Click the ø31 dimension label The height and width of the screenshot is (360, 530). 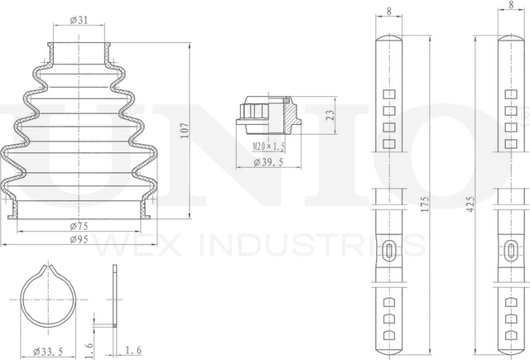79,20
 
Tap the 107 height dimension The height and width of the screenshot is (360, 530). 185,131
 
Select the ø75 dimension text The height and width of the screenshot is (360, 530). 79,226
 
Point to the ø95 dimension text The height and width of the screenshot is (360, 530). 79,239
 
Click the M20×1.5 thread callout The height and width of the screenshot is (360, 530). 268,146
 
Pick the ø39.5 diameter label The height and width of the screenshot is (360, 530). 268,162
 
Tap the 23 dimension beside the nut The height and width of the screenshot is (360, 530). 331,115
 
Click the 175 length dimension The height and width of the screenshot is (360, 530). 425,204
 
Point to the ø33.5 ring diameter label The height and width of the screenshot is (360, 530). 48,352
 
